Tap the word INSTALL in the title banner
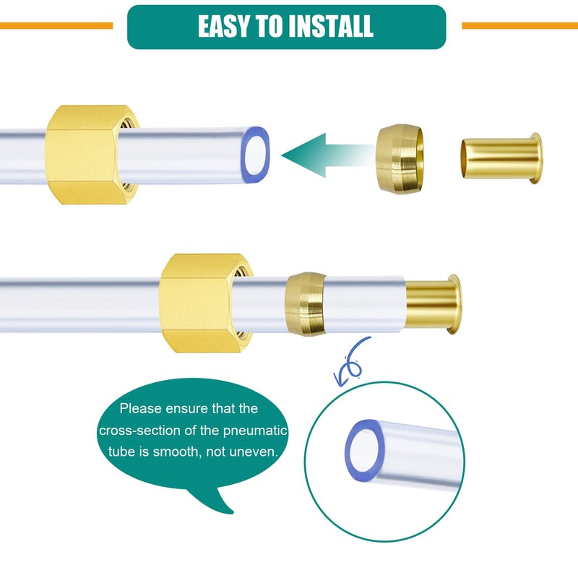tap(331, 26)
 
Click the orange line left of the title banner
tap(56, 25)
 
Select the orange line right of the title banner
tap(519, 25)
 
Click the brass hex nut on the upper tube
tap(92, 155)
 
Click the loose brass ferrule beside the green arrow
tap(400, 158)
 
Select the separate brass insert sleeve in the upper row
tap(501, 158)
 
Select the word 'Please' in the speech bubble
tap(140, 408)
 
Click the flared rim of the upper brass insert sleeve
tap(536, 158)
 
